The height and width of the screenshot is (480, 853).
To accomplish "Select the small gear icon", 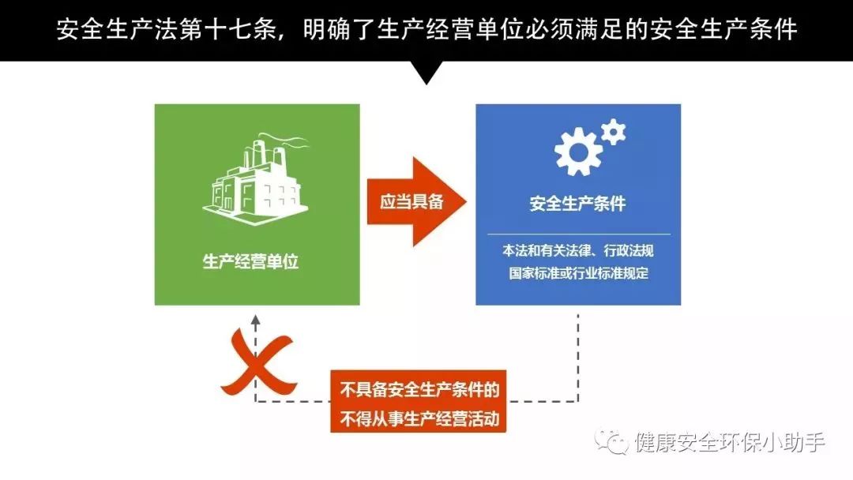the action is pos(614,132).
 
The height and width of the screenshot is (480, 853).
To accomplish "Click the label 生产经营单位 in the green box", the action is pos(251,261).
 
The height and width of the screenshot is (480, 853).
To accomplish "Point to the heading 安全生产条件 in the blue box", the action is pos(577,204).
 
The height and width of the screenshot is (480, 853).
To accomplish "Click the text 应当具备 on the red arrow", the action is pos(411,201).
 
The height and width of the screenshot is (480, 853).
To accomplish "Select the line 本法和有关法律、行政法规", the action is pos(577,250).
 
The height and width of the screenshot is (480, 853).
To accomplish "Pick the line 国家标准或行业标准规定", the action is pos(578,273).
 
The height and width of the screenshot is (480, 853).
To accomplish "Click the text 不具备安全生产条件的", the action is pos(419,390).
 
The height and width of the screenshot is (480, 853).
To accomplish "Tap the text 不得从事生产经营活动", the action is pos(419,419).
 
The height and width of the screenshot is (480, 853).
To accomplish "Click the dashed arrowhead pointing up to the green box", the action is pos(256,321).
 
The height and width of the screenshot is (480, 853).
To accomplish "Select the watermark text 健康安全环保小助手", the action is pos(730,442).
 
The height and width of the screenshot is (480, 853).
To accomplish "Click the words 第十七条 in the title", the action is pos(227,29).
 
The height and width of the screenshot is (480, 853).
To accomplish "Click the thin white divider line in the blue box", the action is pos(578,234).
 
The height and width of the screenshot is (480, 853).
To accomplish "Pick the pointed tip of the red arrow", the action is pos(466,201).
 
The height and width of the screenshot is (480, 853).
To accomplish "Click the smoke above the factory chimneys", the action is pos(283,141).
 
